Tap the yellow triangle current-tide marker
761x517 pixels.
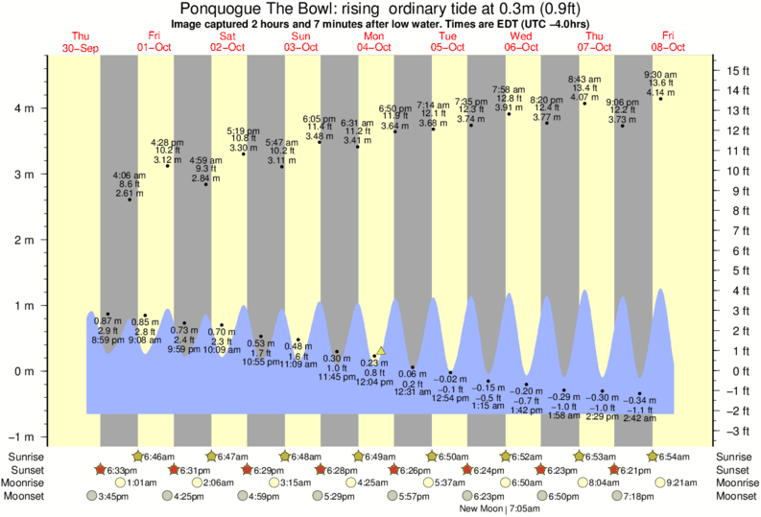(381, 351)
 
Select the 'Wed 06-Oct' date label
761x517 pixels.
(521, 41)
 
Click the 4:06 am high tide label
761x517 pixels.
(129, 176)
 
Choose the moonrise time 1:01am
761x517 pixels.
(141, 482)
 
